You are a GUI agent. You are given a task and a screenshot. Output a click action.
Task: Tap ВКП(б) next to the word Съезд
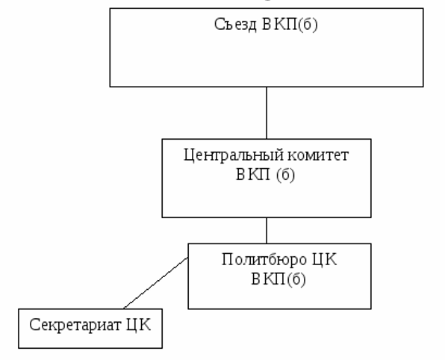click(x=290, y=25)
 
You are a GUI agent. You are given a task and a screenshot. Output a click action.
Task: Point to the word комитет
click(x=318, y=155)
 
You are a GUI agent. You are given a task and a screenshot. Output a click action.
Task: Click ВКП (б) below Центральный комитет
click(x=265, y=175)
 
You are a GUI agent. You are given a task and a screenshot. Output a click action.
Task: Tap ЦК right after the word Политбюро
click(x=324, y=260)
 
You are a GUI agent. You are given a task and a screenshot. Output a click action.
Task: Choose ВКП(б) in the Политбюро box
click(x=278, y=279)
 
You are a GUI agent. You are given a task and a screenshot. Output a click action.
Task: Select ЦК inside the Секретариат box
click(x=138, y=325)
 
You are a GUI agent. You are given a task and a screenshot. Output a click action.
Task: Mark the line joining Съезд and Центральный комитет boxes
click(x=267, y=113)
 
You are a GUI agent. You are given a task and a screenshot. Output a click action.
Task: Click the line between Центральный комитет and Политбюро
click(x=267, y=231)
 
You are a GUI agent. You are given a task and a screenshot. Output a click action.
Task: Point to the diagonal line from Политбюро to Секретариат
click(x=156, y=283)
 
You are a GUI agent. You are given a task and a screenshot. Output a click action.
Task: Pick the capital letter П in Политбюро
click(x=227, y=259)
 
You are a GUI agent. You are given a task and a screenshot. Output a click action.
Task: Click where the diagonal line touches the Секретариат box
click(x=124, y=308)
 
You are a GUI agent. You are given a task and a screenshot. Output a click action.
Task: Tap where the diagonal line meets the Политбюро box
click(x=188, y=258)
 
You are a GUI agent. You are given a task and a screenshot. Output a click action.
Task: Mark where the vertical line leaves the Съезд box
click(x=267, y=87)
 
